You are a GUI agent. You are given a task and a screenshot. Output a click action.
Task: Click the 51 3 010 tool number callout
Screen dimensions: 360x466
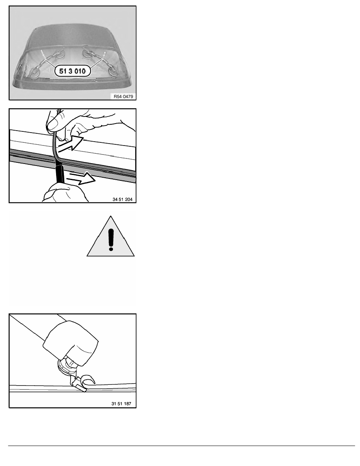tap(73, 71)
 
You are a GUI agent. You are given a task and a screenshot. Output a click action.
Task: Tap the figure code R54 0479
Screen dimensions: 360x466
tap(123, 96)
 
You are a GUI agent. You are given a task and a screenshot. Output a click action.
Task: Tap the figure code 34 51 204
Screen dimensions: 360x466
tap(122, 199)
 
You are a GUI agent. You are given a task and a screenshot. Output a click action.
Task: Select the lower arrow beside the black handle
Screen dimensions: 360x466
tap(82, 178)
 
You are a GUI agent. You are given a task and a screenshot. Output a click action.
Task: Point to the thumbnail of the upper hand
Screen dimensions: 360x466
tap(53, 124)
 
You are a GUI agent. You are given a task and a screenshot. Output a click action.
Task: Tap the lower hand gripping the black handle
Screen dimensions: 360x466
tap(65, 193)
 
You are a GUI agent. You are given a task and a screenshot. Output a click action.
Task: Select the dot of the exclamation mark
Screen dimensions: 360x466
tap(111, 248)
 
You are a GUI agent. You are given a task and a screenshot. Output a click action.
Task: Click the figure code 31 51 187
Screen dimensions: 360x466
tap(121, 404)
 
